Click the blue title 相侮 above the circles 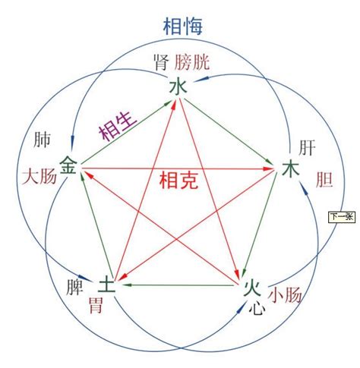182,27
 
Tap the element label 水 178,86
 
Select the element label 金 68,165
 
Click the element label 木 291,169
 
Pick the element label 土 107,283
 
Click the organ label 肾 161,62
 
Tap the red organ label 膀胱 192,62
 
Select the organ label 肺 42,140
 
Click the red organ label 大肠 39,177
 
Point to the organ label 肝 307,148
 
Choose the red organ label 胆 324,179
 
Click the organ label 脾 74,287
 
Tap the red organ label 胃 96,305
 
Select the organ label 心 257,308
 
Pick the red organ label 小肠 285,295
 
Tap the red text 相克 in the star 178,180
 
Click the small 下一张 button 342,217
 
